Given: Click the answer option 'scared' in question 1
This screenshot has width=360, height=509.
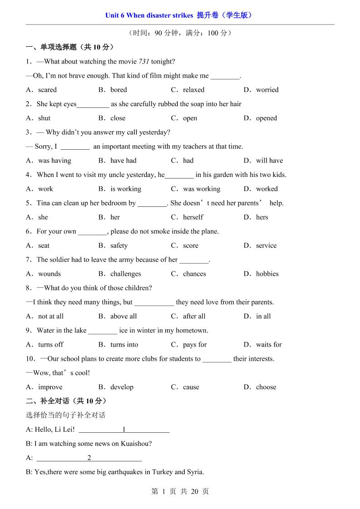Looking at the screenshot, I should [47, 90].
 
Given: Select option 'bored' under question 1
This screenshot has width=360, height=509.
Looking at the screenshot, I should [118, 90].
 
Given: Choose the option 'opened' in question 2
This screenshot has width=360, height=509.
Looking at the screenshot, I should [266, 118].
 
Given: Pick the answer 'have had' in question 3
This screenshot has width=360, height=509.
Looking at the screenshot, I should [123, 161].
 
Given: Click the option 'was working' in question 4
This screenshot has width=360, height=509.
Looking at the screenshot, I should [202, 189].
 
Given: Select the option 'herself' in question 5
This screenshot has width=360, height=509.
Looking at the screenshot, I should [193, 217].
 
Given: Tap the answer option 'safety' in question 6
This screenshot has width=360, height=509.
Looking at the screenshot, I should [119, 245].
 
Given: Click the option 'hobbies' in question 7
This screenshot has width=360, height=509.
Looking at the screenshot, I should [267, 274].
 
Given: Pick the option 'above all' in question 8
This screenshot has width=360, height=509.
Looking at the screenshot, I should [123, 316].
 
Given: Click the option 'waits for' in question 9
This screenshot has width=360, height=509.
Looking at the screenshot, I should [269, 345].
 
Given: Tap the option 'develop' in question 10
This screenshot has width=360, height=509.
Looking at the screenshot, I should [122, 387].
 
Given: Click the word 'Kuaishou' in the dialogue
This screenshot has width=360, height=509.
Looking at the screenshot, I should [134, 444].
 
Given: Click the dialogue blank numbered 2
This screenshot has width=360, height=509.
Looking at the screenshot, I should [89, 458].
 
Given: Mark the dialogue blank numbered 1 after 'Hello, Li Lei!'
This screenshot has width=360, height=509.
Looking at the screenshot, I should [124, 430].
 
